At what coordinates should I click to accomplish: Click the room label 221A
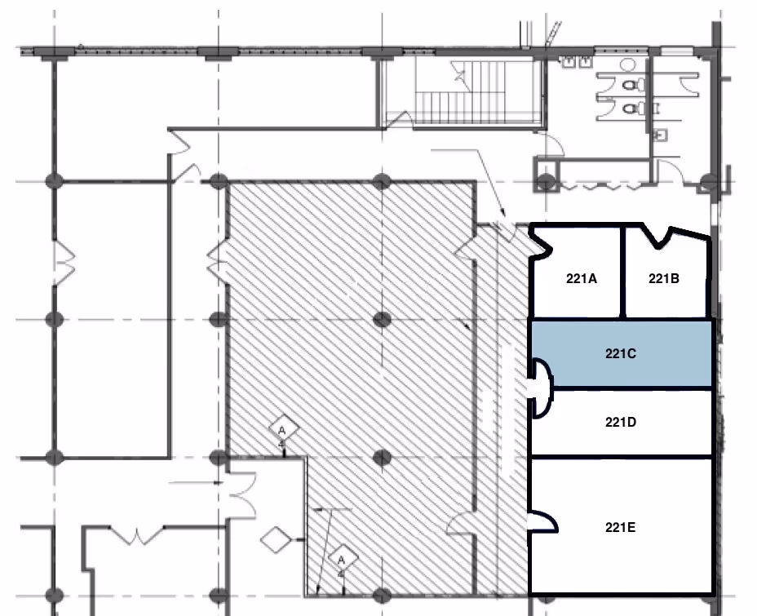[582, 278]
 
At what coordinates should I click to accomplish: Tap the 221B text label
[664, 278]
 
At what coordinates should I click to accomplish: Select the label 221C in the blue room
[621, 354]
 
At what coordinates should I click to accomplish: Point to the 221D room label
[621, 423]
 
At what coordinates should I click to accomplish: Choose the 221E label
[621, 528]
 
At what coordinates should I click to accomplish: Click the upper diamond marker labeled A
[282, 429]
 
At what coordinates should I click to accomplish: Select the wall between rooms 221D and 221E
[621, 458]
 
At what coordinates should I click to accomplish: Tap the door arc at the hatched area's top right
[466, 248]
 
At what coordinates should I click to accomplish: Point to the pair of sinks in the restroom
[577, 61]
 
